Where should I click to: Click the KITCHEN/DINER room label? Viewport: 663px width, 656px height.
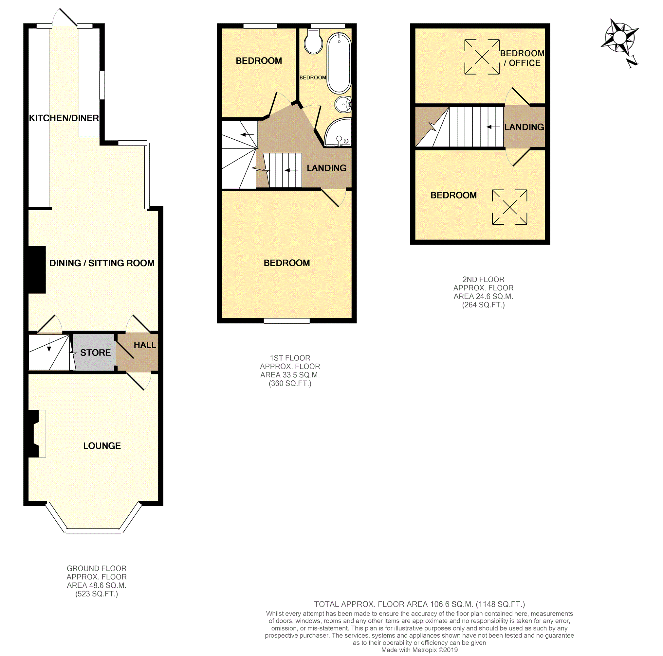tap(64, 118)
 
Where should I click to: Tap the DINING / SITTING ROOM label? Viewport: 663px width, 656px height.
tap(102, 263)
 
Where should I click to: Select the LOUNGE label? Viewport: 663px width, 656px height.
tap(102, 446)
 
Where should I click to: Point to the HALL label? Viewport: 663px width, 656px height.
tap(145, 345)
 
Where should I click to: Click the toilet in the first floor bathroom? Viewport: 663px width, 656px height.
tap(313, 42)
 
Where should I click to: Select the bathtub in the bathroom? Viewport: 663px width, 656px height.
tap(339, 64)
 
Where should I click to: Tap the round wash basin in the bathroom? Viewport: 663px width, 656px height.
tap(343, 104)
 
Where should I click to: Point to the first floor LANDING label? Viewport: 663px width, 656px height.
tap(326, 168)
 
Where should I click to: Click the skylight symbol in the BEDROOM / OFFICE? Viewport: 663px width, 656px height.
tap(482, 57)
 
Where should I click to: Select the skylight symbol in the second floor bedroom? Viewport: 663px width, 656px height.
tap(509, 207)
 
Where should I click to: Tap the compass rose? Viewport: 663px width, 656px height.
tap(619, 38)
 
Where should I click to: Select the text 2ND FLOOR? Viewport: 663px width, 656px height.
tap(483, 280)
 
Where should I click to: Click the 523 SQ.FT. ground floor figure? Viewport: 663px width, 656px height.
tap(97, 594)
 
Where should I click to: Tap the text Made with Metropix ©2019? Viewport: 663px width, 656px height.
tap(419, 650)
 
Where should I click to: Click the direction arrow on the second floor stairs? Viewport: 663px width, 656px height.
tap(493, 127)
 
